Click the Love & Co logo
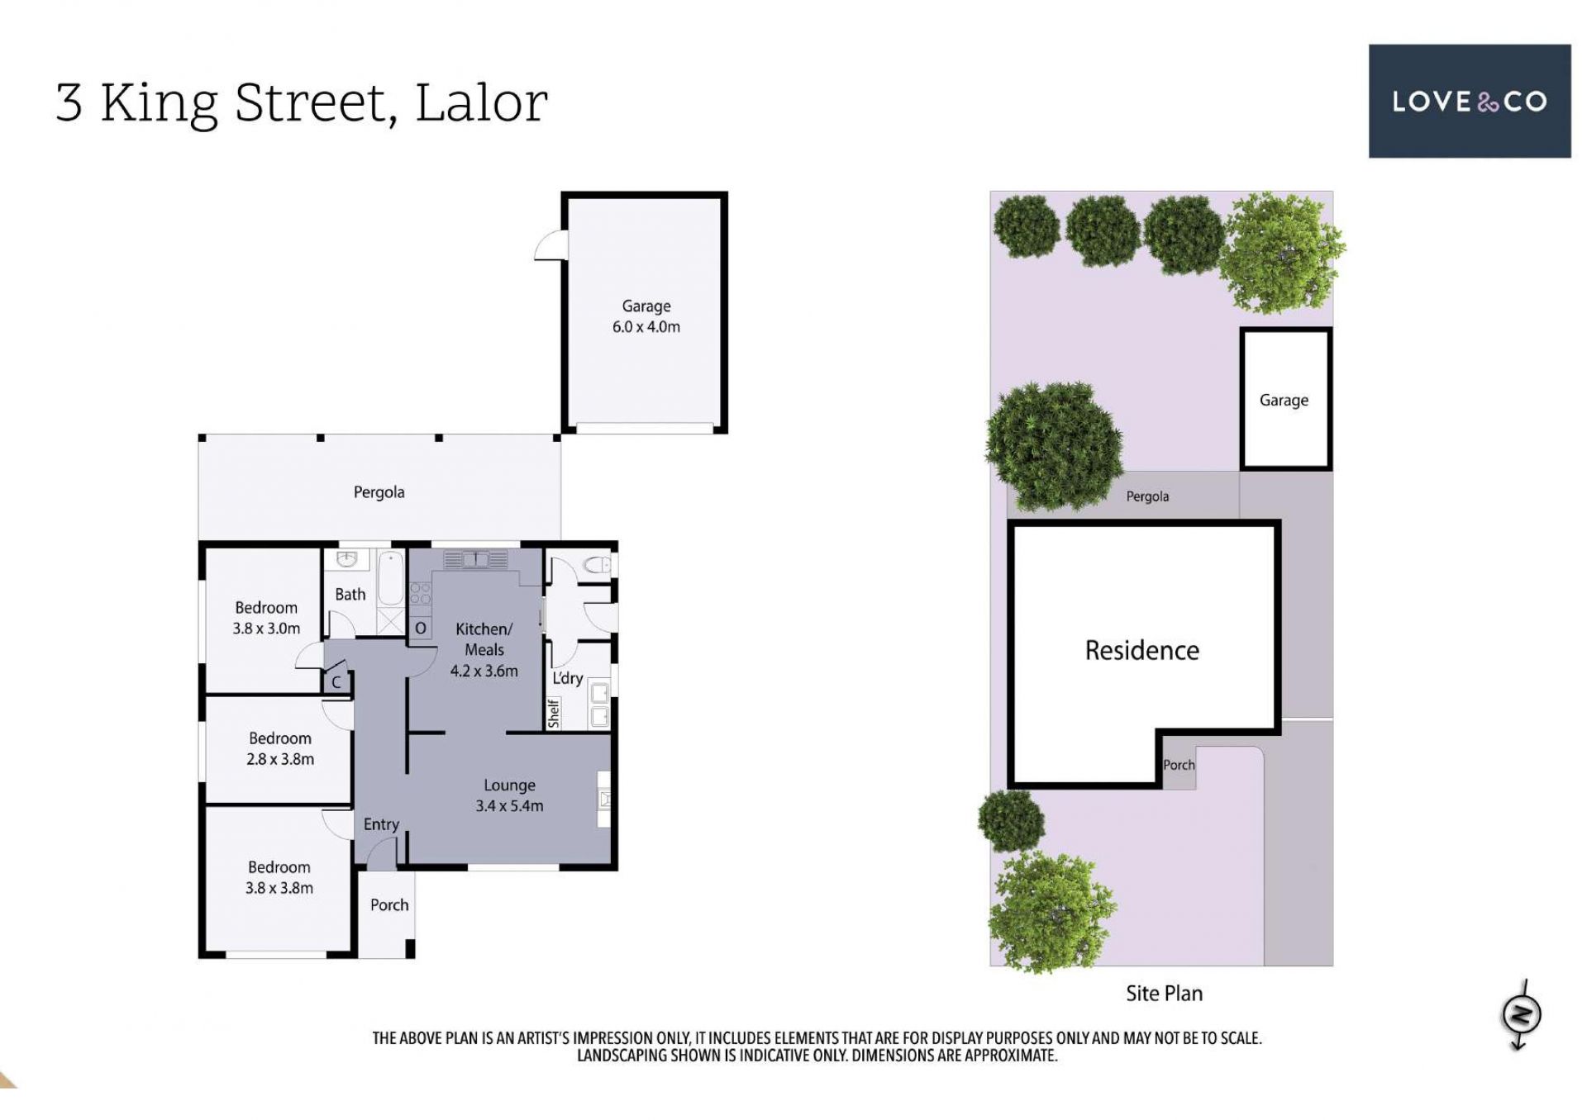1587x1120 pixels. tap(1469, 101)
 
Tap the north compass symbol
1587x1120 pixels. tap(1521, 1015)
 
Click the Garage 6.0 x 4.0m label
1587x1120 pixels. tap(646, 316)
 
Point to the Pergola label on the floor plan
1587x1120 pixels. tap(379, 492)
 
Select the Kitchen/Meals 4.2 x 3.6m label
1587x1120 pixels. tap(484, 650)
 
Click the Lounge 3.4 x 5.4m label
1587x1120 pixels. tap(509, 795)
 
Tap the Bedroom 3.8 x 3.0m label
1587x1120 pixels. tap(266, 618)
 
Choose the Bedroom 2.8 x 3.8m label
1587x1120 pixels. tap(280, 748)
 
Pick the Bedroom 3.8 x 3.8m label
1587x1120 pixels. tap(279, 877)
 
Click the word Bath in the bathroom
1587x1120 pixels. tap(350, 595)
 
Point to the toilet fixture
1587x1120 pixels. tap(597, 566)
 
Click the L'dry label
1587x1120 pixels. tap(568, 678)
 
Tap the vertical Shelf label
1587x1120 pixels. tap(554, 713)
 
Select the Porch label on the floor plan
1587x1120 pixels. tap(389, 905)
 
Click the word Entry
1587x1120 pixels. tap(381, 824)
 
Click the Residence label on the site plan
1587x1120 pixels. tap(1142, 650)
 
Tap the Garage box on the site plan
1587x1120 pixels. tap(1285, 400)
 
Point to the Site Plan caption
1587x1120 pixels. tap(1164, 993)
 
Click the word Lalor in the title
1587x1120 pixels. tap(481, 103)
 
